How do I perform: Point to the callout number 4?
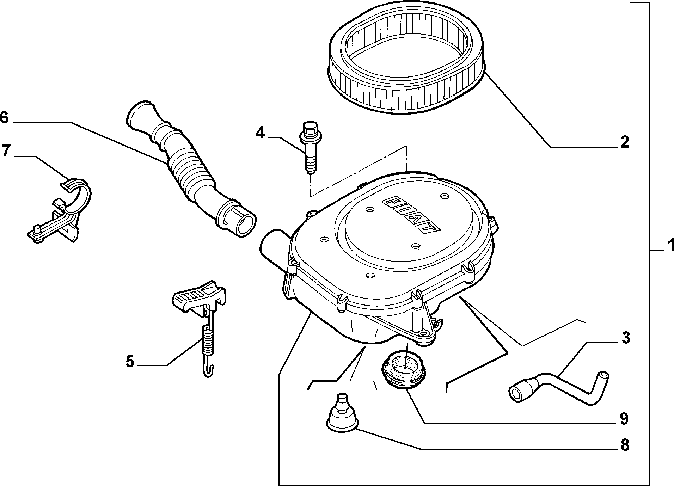tap(260, 133)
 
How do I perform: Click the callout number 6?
tap(4, 118)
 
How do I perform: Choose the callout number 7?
tap(5, 151)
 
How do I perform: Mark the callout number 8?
tap(624, 445)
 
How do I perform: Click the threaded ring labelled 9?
tap(404, 371)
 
